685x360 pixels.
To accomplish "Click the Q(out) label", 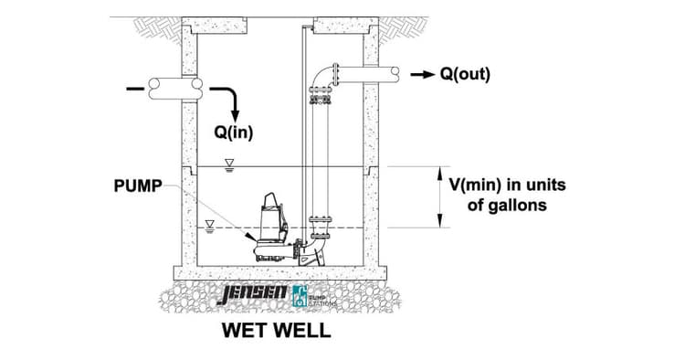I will (465, 73).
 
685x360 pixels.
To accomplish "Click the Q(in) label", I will (234, 132).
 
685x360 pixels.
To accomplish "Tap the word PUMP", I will (138, 185).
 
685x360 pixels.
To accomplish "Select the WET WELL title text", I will (276, 331).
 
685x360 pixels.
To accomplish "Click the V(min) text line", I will (507, 185).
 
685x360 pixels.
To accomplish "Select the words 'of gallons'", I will (507, 206).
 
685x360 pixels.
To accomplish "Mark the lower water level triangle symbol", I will (209, 222).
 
